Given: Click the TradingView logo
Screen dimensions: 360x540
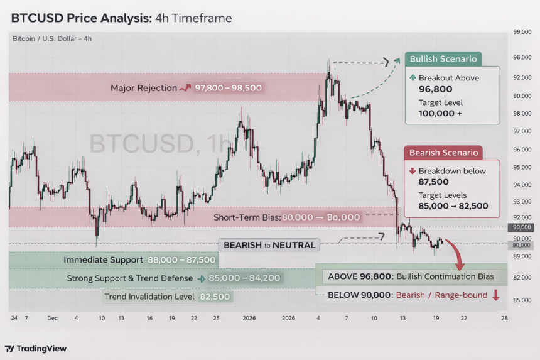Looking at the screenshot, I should [36, 349].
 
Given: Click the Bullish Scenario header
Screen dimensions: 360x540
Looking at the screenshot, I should [443, 59].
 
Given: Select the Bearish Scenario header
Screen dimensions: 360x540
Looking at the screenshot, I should [443, 152].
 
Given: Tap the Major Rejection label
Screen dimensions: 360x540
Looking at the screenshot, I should [144, 88].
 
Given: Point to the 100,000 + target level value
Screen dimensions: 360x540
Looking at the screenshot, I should [440, 114].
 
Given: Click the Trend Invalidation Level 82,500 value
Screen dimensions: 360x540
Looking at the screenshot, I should [215, 297].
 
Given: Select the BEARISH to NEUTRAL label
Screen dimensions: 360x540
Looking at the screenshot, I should [267, 244].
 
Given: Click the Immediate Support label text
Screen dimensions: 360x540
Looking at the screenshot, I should [104, 259].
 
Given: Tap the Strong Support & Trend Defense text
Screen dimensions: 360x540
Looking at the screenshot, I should [130, 278].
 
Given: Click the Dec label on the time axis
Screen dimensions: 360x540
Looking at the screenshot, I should [51, 319].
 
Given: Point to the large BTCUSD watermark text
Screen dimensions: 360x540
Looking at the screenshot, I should [160, 144].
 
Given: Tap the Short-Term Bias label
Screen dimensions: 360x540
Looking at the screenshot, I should [247, 217].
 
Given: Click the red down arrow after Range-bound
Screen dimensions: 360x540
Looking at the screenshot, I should [496, 295].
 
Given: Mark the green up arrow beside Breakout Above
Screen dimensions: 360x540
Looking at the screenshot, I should [412, 78].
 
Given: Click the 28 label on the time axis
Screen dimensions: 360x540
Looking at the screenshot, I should [504, 319].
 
